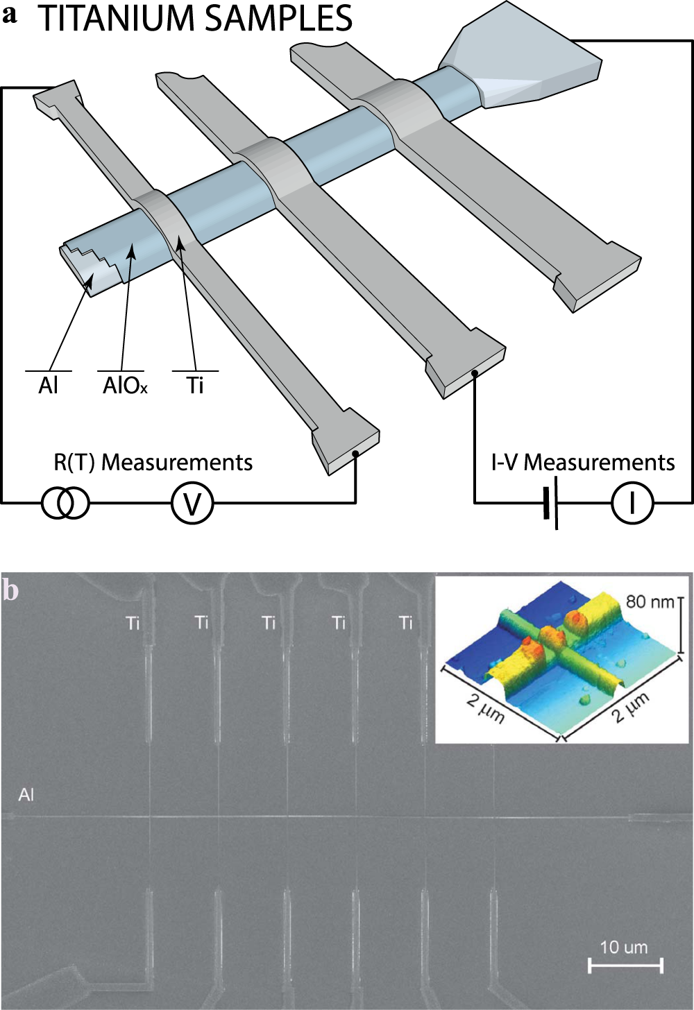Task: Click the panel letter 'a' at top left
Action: click(x=10, y=15)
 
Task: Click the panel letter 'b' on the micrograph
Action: click(x=10, y=590)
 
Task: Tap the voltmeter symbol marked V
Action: click(x=192, y=504)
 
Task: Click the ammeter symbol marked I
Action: click(x=632, y=504)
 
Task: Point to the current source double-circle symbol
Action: click(x=66, y=504)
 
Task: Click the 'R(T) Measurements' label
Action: click(x=153, y=462)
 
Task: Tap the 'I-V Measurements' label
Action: click(x=582, y=462)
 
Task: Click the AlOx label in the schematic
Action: click(x=124, y=385)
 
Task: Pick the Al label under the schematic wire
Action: click(x=48, y=385)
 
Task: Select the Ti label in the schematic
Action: click(x=195, y=385)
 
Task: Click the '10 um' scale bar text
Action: click(x=623, y=947)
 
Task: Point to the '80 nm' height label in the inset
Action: click(x=649, y=601)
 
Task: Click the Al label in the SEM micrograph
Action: click(x=26, y=794)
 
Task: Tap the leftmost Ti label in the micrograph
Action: click(x=133, y=623)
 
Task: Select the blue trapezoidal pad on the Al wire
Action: click(x=527, y=59)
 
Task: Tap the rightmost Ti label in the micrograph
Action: click(x=406, y=623)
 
